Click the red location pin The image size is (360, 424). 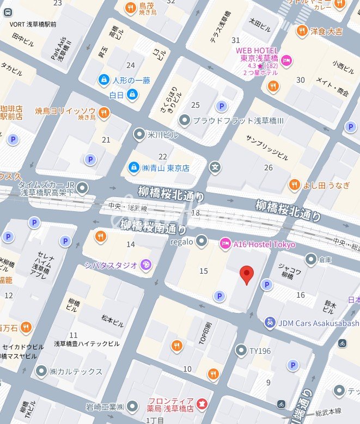247,275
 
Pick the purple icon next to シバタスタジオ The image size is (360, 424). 146,265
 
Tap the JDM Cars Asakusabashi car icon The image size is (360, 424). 269,323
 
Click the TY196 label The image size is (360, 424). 260,351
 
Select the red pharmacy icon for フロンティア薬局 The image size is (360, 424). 202,403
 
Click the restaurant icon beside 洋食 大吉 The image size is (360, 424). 301,31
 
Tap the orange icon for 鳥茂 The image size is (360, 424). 130,7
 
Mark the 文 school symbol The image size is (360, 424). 216,167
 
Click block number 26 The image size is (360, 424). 268,168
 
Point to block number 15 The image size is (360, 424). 204,271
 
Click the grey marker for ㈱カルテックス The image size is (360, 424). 41,371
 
